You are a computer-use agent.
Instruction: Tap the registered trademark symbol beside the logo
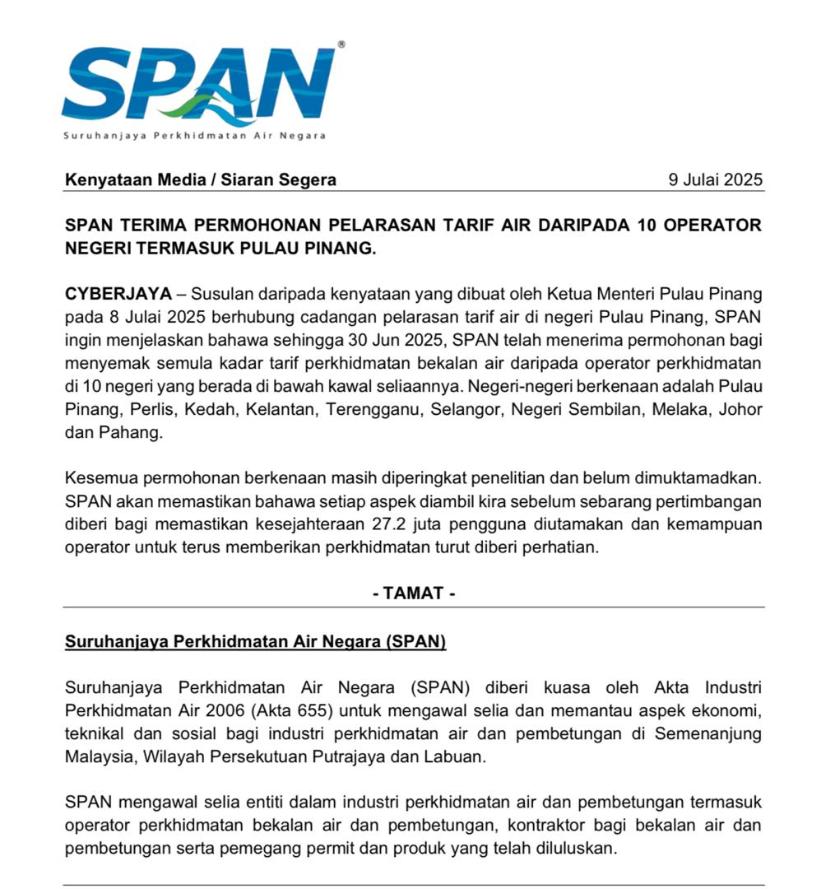pos(341,44)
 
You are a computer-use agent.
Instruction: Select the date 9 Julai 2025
pos(717,180)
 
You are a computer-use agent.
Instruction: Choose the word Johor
pos(741,409)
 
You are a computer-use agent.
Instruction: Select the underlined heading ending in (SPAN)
pos(255,642)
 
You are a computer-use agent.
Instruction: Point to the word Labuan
pos(456,756)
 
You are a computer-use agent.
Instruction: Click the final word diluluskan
pos(575,848)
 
